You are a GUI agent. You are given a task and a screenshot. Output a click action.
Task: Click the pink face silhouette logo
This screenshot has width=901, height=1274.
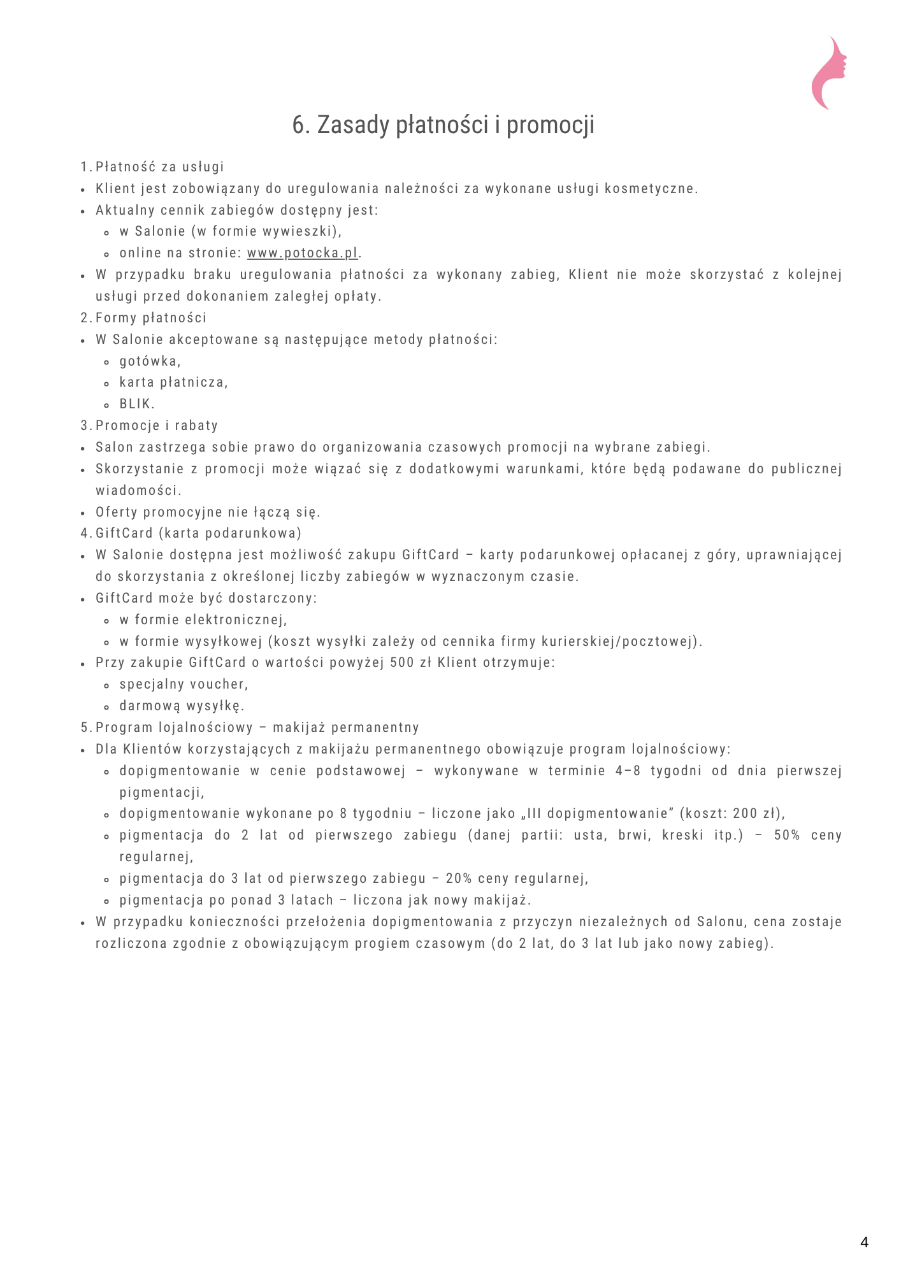point(829,73)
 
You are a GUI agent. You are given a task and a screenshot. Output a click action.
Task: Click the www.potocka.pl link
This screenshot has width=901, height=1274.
point(302,253)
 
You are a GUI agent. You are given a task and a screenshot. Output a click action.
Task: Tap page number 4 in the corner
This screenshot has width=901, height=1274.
point(864,1242)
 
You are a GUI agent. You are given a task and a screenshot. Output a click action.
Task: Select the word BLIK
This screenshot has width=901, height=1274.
point(136,404)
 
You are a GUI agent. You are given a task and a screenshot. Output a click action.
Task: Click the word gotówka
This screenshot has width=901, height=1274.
point(148,361)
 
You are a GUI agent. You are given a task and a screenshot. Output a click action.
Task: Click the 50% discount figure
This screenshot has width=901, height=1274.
point(787,835)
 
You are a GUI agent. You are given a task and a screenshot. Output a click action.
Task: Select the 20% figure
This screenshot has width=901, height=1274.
point(458,878)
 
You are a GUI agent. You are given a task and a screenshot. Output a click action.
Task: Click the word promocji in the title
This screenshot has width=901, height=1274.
point(551,125)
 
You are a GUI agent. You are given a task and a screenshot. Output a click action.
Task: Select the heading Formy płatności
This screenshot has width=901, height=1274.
point(151,318)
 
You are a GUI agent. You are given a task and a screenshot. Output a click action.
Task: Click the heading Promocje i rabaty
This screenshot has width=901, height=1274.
point(157,426)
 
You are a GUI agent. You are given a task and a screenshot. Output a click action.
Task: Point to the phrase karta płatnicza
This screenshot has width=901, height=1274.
point(173,382)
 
